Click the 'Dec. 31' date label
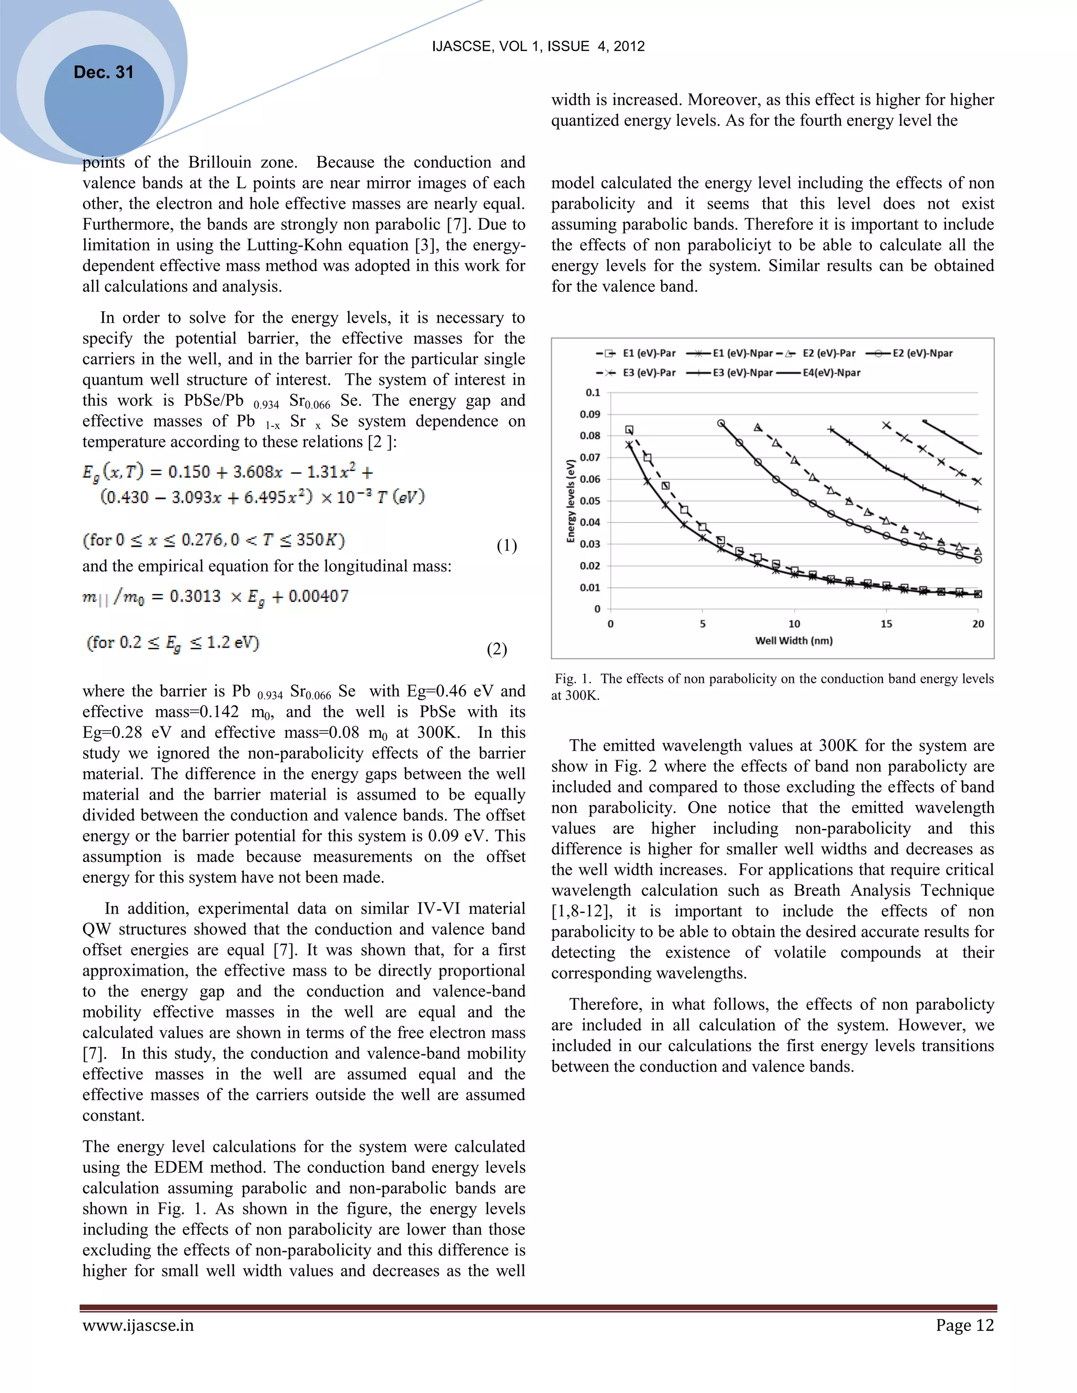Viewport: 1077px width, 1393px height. coord(104,72)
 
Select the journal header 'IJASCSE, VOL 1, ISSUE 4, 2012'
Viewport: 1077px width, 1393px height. coord(538,46)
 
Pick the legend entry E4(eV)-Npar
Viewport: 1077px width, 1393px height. coord(831,373)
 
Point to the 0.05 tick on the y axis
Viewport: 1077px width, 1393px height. coord(590,500)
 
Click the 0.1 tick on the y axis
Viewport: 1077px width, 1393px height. coord(593,392)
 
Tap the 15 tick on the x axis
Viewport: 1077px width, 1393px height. coord(886,624)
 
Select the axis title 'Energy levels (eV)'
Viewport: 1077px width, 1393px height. coord(571,500)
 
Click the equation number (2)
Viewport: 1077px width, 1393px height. coord(496,649)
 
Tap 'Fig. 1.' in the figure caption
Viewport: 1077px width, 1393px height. coord(572,679)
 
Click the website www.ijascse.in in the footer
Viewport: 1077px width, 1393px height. coord(138,1325)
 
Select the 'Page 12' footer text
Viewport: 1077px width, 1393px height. coord(964,1325)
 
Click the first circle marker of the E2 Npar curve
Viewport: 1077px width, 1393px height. coord(721,424)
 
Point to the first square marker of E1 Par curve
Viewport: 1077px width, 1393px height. coord(629,430)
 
